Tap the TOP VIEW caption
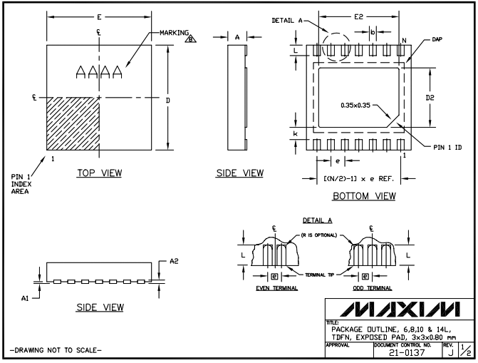[x=98, y=173]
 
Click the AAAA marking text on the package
[x=99, y=72]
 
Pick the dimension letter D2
[x=420, y=98]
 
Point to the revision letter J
[x=446, y=352]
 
